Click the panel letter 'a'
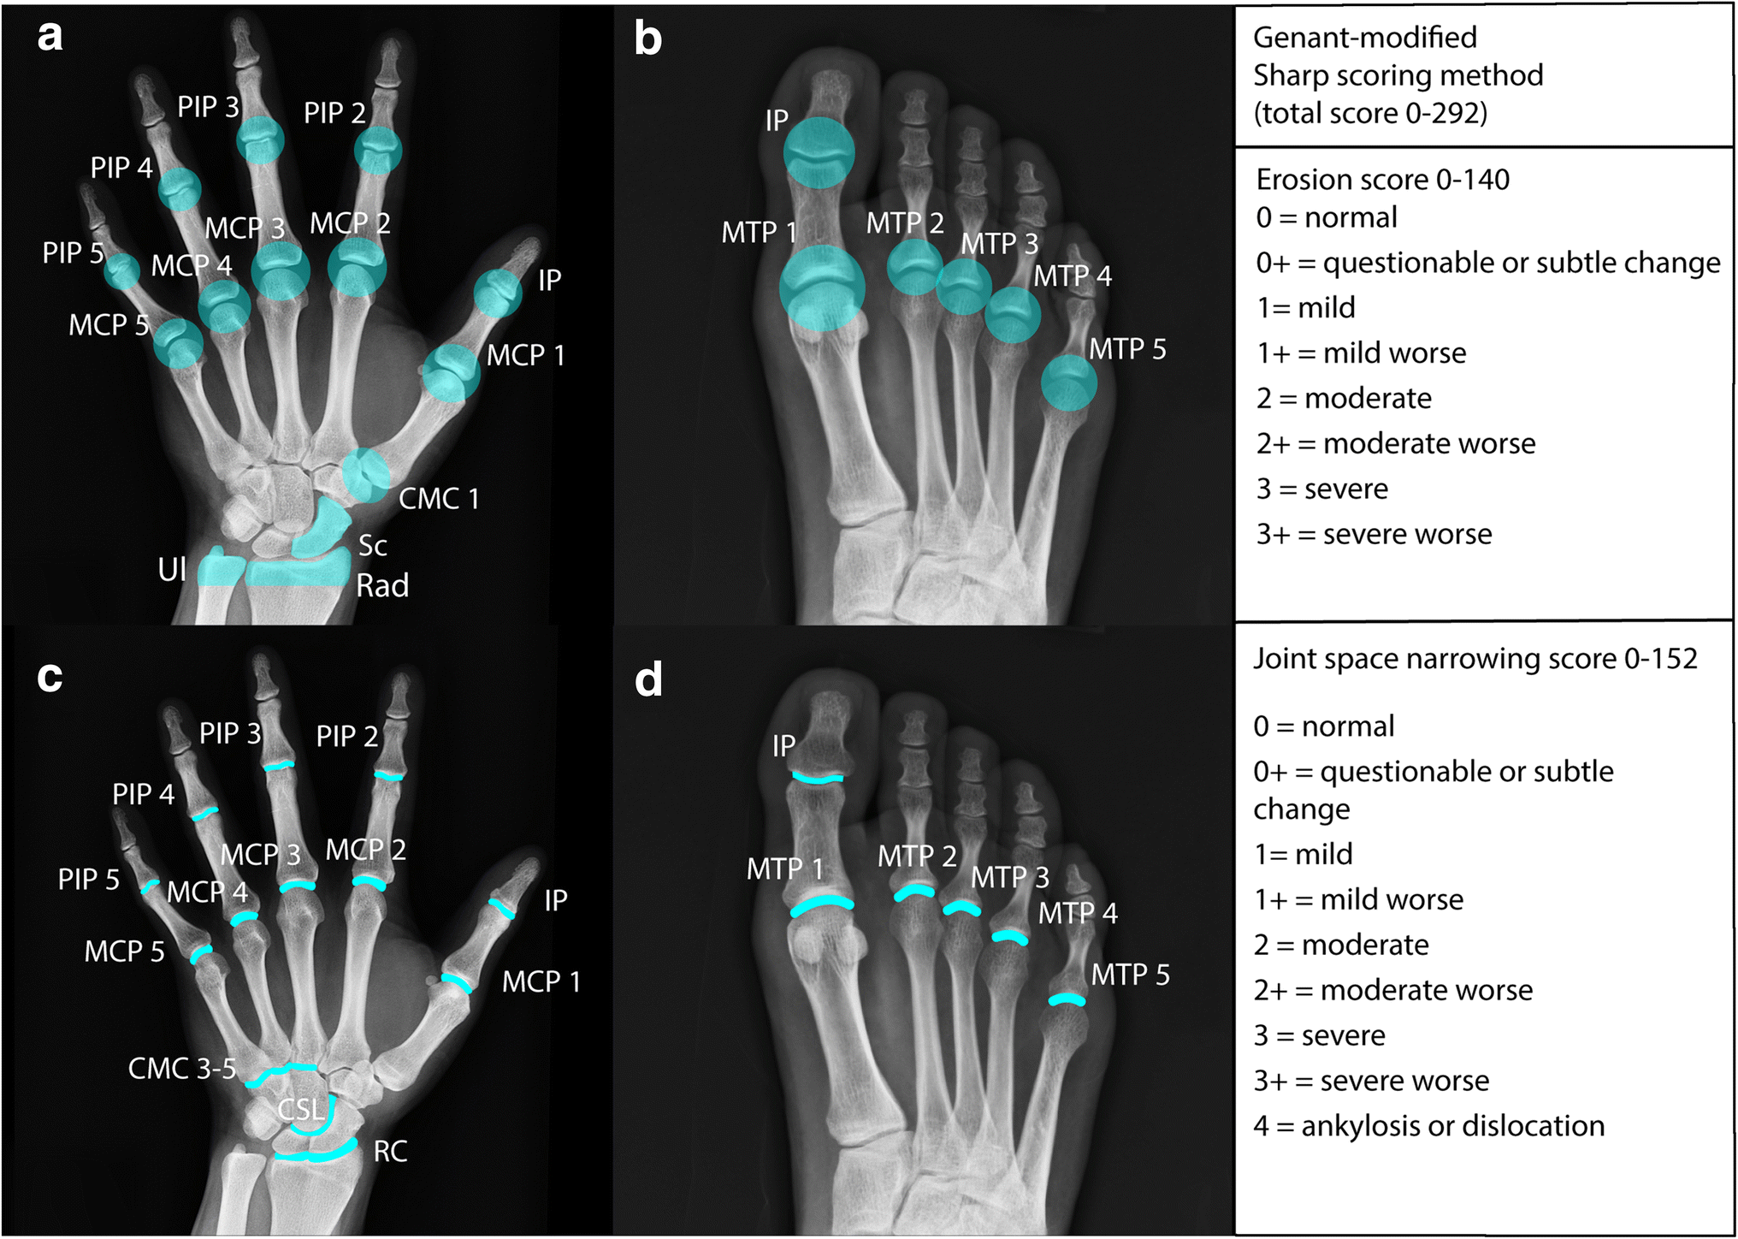[50, 37]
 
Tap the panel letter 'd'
[648, 680]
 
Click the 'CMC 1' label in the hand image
[439, 498]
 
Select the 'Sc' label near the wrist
[372, 546]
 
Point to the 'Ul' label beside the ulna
[172, 570]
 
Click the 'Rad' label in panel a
[382, 586]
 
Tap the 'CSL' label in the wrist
[301, 1110]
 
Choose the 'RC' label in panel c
[390, 1152]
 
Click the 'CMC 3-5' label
[181, 1069]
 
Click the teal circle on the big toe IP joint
[819, 152]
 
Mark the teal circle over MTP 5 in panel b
[1068, 382]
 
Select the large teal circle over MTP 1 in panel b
[822, 288]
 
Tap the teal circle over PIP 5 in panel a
[122, 271]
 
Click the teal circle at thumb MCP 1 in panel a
[451, 373]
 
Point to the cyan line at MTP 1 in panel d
[822, 904]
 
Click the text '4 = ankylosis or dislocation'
[1428, 1126]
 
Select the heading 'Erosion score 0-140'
[1382, 180]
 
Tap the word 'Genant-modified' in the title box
[1364, 38]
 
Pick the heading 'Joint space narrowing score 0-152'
[1475, 659]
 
